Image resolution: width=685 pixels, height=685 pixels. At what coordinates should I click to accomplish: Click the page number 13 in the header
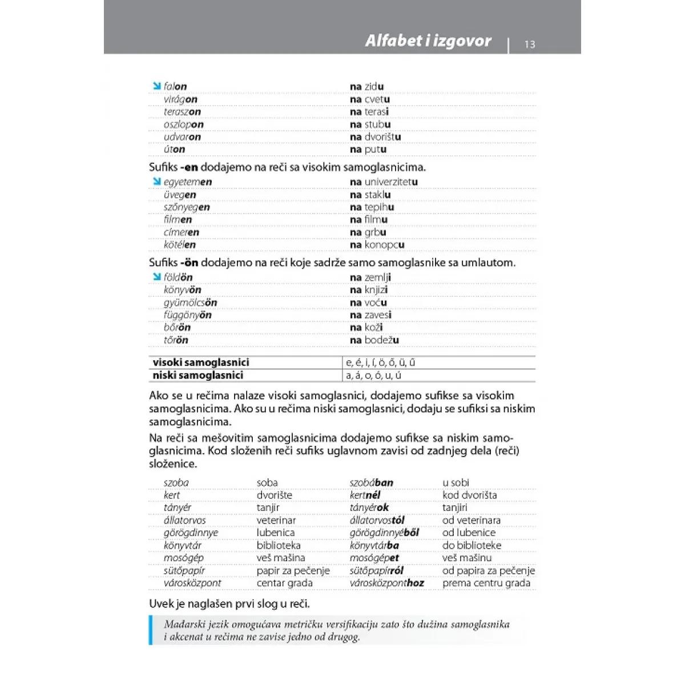coord(530,44)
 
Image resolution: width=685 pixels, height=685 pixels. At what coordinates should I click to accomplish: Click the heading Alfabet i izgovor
coord(428,41)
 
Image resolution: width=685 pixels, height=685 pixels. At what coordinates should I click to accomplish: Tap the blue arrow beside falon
coord(156,86)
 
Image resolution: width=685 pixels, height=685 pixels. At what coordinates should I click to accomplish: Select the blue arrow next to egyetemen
coord(156,182)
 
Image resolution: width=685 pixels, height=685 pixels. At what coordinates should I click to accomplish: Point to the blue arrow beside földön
coord(156,277)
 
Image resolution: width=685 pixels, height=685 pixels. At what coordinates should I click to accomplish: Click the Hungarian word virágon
coord(180,99)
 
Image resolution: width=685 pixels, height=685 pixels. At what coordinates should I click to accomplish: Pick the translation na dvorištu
coord(375,137)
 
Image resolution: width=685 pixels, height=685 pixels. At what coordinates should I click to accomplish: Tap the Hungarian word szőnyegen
coord(187,207)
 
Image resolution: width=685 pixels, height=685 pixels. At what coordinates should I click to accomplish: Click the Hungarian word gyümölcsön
coord(190,303)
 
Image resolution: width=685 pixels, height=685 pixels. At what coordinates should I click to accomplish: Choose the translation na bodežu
coord(374,340)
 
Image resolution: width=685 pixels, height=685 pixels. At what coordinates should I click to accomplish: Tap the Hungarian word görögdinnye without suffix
coord(191,533)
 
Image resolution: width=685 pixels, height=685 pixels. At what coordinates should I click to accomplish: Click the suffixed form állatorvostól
coord(377,520)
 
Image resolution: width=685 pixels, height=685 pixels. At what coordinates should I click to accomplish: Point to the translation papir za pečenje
coord(293,570)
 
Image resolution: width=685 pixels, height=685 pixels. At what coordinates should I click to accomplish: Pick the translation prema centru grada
coord(486,583)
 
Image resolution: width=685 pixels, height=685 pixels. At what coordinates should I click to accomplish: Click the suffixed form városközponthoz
coord(386,583)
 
